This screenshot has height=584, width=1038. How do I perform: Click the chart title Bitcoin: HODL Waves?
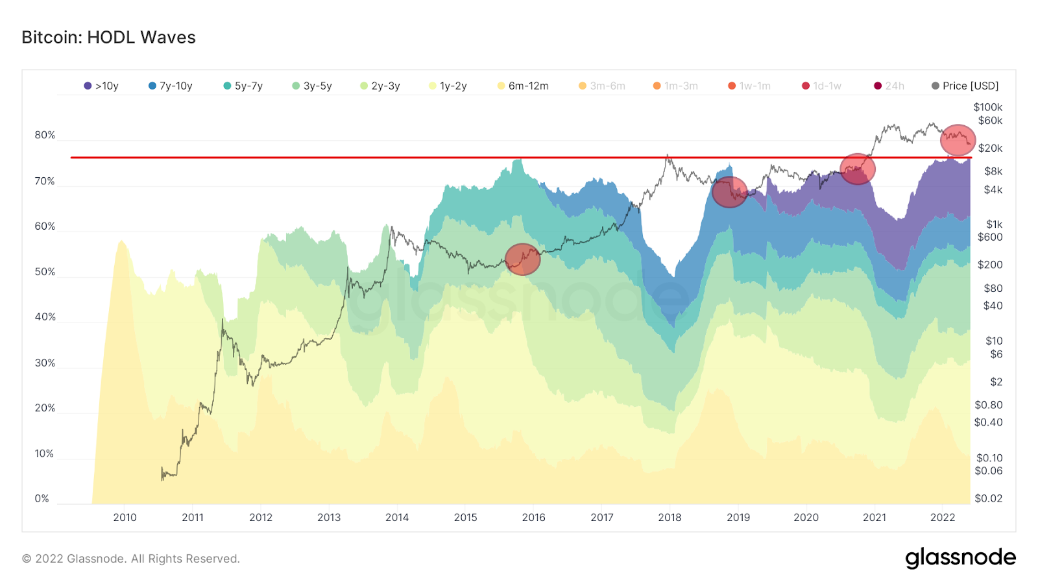108,38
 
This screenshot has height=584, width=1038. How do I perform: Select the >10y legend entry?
101,86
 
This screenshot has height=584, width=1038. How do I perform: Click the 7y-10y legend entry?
171,86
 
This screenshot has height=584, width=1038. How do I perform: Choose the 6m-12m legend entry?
523,86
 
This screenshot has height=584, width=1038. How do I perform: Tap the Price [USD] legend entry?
965,86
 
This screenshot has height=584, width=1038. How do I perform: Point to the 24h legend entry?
889,86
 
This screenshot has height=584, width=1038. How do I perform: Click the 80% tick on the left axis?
45,135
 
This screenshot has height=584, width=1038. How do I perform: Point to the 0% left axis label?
42,498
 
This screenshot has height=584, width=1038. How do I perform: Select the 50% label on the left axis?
45,272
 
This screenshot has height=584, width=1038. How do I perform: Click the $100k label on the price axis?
987,107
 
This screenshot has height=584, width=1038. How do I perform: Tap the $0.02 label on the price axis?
988,498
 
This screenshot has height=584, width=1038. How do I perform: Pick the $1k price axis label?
994,225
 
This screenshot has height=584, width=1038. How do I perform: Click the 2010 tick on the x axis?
125,517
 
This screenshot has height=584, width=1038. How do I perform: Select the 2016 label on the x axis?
533,517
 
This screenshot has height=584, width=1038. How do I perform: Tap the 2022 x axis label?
942,517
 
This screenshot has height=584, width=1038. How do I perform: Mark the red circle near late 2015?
522,259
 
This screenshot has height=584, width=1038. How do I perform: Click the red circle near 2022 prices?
958,140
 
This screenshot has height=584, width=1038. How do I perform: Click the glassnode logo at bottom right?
960,558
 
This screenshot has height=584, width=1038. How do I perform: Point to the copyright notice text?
131,559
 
